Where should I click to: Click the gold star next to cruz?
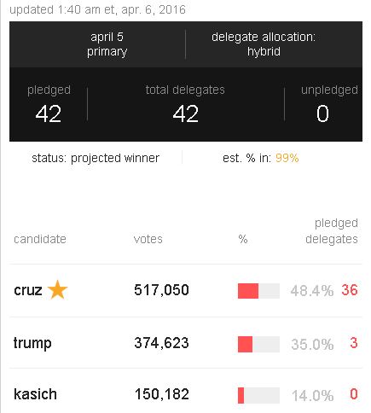[x=57, y=290]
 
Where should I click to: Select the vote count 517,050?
[x=162, y=290]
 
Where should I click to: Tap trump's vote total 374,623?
[x=162, y=343]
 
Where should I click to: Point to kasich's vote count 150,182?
[x=162, y=395]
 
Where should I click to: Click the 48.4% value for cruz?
[x=311, y=291]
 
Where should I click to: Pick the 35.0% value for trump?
[x=311, y=344]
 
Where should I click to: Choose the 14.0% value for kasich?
[x=311, y=396]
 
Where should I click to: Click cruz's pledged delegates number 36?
[x=349, y=290]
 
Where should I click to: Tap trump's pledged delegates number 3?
[x=353, y=343]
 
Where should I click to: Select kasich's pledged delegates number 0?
[x=353, y=395]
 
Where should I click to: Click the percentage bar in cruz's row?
[x=258, y=291]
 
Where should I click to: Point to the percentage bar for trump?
[x=258, y=344]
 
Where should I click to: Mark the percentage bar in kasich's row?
[x=258, y=396]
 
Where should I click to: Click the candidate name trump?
[x=32, y=343]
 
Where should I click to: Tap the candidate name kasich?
[x=34, y=395]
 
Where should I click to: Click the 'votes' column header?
[x=148, y=239]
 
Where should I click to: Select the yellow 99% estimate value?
[x=286, y=158]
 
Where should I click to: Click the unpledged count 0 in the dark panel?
[x=322, y=113]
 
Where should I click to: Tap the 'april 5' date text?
[x=107, y=37]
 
